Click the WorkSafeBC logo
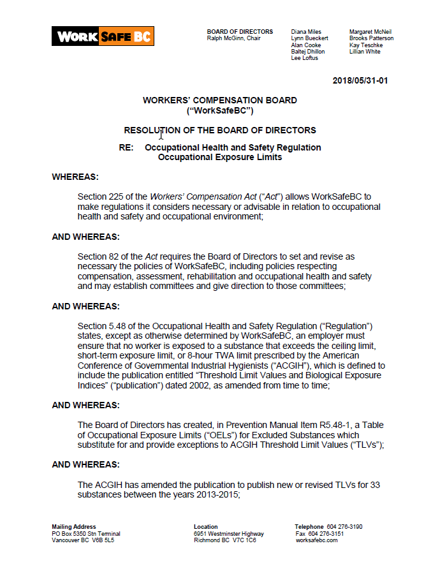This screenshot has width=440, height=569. (x=103, y=36)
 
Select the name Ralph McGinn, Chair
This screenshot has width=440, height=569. (x=233, y=38)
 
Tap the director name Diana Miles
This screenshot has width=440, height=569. (x=306, y=32)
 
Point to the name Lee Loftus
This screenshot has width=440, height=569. (x=305, y=58)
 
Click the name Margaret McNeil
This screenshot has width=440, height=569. (x=370, y=32)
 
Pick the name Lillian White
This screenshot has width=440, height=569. (x=365, y=52)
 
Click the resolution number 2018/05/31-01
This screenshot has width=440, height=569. (x=360, y=81)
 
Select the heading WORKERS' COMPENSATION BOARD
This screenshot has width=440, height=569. (x=220, y=100)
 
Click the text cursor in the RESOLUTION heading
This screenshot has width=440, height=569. (x=161, y=133)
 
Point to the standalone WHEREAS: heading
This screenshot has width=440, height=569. (x=75, y=177)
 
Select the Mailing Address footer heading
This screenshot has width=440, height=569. (x=74, y=527)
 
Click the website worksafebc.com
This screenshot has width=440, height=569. (x=316, y=540)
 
